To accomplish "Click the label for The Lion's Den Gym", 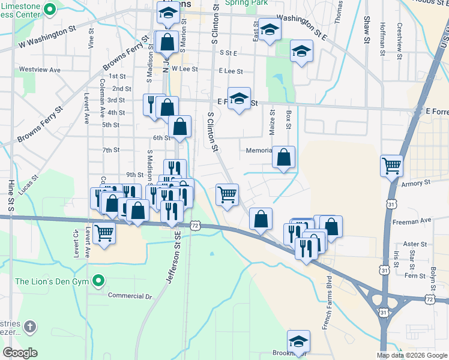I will coord(52,281).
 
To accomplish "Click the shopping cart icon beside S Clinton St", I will coord(227,194).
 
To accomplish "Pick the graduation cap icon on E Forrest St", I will coord(239,98).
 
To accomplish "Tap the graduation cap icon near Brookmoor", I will coord(298,341).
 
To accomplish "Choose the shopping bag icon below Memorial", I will coord(283,157).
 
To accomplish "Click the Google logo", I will coord(20,353).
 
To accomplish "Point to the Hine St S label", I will coord(10,195).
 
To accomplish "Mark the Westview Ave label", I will coord(40,70).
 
